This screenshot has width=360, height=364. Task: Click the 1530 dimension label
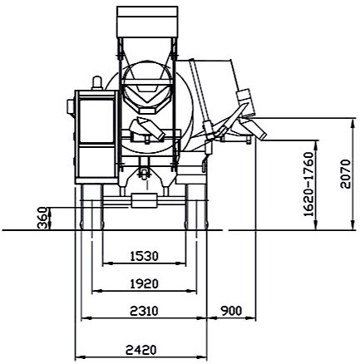(x=144, y=256)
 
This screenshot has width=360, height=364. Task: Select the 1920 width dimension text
(x=144, y=283)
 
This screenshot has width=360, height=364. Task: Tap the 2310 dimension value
(x=144, y=311)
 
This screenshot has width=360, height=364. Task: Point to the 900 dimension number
(x=231, y=311)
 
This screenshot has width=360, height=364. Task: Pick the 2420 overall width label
(x=141, y=350)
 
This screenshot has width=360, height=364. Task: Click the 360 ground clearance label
(x=42, y=219)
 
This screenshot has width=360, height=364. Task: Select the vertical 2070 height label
(x=346, y=174)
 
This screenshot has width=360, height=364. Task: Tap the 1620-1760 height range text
(x=309, y=184)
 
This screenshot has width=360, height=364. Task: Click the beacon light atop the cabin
(x=97, y=83)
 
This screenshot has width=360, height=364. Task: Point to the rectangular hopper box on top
(x=147, y=22)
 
